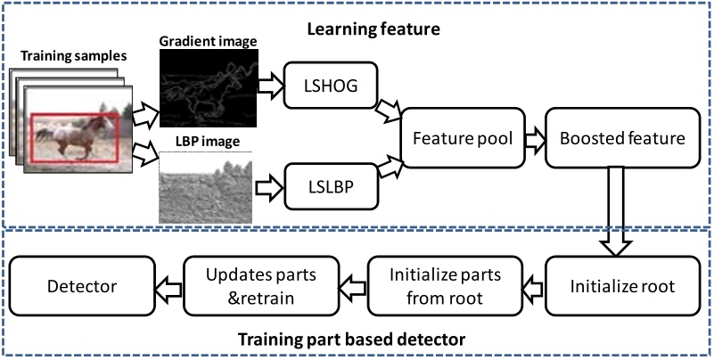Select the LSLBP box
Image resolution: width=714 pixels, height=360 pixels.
(328, 189)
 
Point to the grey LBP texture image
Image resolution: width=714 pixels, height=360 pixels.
(205, 187)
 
